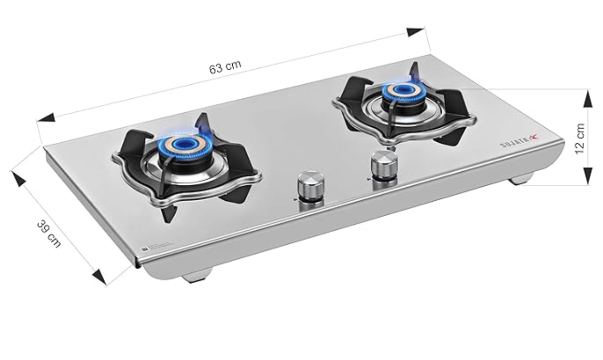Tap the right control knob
(x=384, y=165)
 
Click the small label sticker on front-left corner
(x=144, y=249)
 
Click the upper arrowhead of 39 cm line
(x=18, y=178)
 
